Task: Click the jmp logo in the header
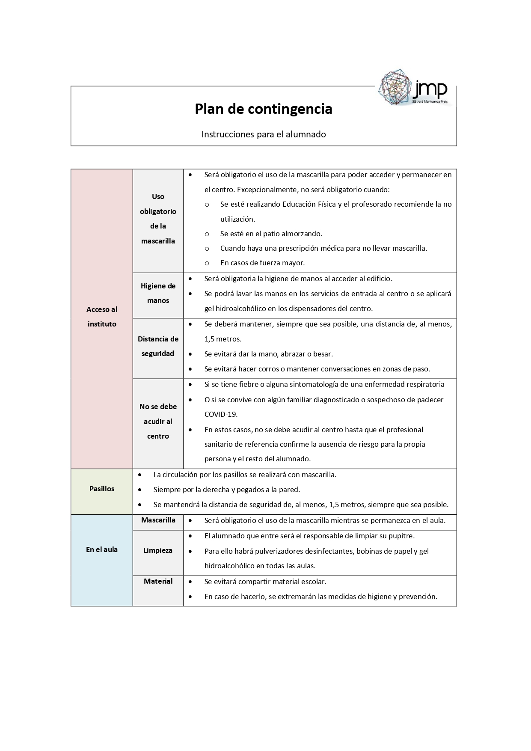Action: pyautogui.click(x=414, y=88)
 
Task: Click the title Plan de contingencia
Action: pyautogui.click(x=263, y=109)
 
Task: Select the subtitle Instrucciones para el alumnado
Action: pyautogui.click(x=264, y=134)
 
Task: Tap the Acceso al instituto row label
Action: pyautogui.click(x=102, y=317)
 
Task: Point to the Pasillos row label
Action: pyautogui.click(x=102, y=489)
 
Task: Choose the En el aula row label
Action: pyautogui.click(x=102, y=549)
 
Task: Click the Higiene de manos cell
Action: pyautogui.click(x=158, y=293)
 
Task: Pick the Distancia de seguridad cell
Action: pyautogui.click(x=158, y=346)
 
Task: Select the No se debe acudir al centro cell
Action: pyautogui.click(x=158, y=422)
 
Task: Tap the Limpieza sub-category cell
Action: pyautogui.click(x=158, y=551)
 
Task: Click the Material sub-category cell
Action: pyautogui.click(x=158, y=581)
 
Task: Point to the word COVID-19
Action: pyautogui.click(x=221, y=414)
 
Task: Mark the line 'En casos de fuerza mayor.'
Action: pyautogui.click(x=262, y=263)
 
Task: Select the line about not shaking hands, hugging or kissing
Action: pyautogui.click(x=268, y=354)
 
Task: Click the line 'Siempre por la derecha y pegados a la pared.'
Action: pyautogui.click(x=226, y=490)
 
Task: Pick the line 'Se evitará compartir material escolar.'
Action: pyautogui.click(x=265, y=582)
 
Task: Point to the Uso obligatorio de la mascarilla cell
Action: pyautogui.click(x=158, y=219)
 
